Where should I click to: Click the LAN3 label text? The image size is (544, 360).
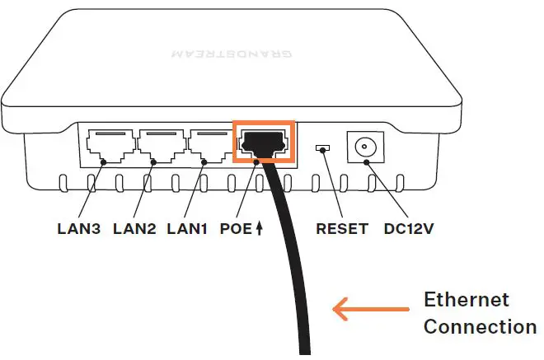point(80,228)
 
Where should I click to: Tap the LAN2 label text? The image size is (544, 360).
point(134,228)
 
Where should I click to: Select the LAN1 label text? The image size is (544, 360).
point(187,228)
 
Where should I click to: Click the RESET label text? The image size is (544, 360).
point(342,228)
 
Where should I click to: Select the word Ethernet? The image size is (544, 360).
point(466,299)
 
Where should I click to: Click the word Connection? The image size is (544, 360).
point(479,326)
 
